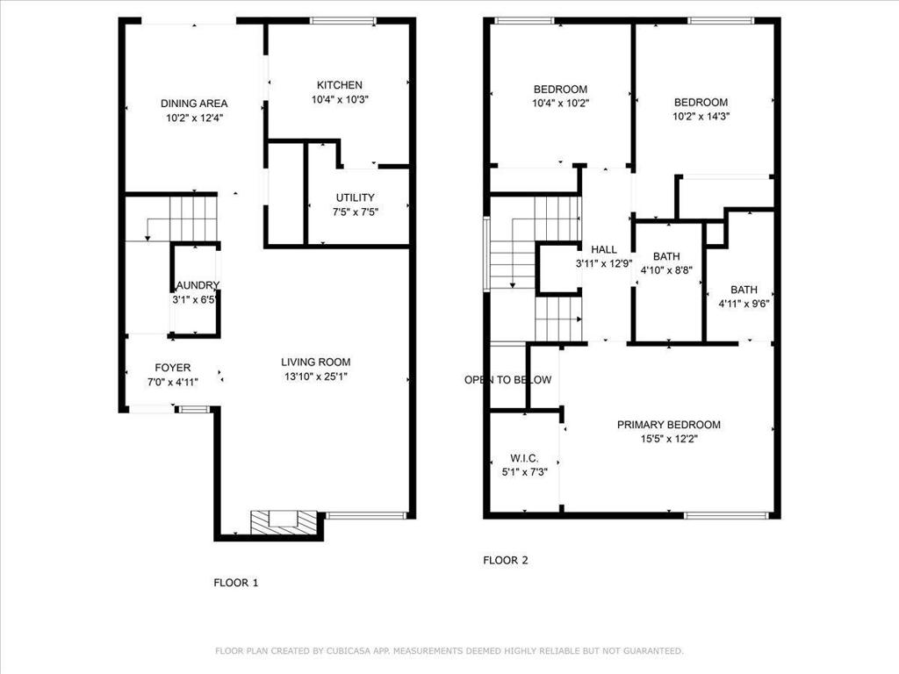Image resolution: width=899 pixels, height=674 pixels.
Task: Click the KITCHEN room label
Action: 339,85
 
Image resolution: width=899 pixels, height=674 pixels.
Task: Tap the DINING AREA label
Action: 193,104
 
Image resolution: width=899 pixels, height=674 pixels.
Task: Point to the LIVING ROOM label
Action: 315,362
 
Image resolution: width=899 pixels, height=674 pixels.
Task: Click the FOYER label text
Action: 172,368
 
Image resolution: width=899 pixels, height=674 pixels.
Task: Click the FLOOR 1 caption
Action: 236,582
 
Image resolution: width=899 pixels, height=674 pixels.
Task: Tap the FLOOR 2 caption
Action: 506,560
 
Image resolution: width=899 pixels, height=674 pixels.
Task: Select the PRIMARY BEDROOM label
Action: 668,425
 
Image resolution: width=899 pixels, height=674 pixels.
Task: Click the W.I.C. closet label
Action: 524,459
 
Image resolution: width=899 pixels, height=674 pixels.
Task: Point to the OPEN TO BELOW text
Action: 507,380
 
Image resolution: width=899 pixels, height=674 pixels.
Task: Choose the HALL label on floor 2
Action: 603,249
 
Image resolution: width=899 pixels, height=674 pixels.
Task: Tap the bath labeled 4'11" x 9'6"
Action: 744,297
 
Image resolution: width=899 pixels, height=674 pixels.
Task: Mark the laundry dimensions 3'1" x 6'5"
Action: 195,299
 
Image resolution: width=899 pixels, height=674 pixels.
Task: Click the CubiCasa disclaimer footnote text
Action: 449,650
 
